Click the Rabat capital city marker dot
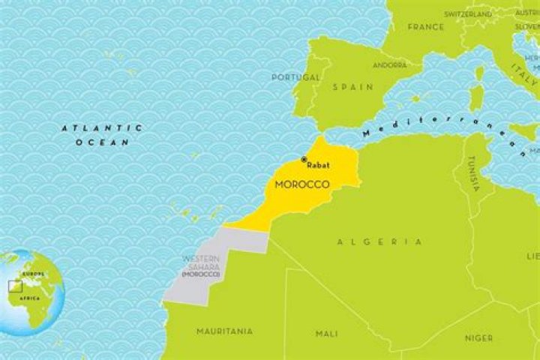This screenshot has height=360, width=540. tap(304, 159)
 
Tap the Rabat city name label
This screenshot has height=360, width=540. tap(318, 165)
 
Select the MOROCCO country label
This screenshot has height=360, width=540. tap(303, 184)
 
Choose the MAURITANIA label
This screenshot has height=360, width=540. tap(224, 331)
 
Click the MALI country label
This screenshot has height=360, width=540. tap(327, 334)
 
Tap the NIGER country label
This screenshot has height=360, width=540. tap(478, 338)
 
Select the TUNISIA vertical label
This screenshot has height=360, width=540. tap(472, 174)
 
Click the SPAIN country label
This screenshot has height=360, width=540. tap(352, 87)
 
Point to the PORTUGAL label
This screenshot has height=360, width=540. tap(295, 76)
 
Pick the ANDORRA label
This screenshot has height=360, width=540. tap(390, 65)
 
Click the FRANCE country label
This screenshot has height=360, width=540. tap(425, 27)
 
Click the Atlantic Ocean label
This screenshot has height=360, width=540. tap(101, 135)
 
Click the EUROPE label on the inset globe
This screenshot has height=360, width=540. tap(33, 274)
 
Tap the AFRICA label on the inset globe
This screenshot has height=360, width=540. tap(29, 298)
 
